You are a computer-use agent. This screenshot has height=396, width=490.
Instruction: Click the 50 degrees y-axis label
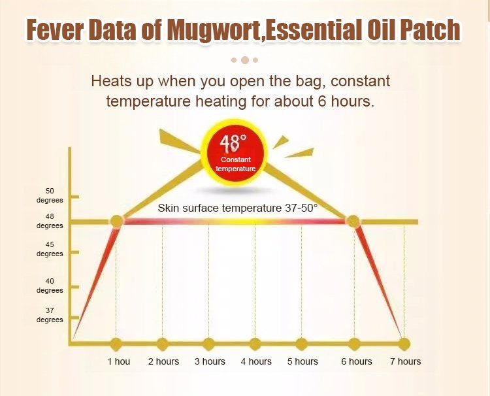click(x=50, y=195)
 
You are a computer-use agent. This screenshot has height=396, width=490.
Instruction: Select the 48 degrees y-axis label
click(x=50, y=221)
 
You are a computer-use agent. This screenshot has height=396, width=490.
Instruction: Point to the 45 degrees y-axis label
click(x=50, y=249)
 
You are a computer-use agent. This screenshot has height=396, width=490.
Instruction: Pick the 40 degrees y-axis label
click(x=50, y=286)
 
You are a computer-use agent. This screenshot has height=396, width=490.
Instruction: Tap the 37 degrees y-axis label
click(x=50, y=315)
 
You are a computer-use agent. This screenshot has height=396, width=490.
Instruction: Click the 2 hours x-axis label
click(x=163, y=361)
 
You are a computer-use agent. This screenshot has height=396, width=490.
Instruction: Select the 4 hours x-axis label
click(x=256, y=361)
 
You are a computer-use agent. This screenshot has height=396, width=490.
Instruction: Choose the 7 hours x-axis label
click(x=405, y=361)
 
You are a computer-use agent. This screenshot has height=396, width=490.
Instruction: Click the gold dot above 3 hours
click(x=209, y=344)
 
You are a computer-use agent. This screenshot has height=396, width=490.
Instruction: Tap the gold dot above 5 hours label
click(x=302, y=344)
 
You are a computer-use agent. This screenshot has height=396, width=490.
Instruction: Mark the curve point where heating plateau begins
click(x=117, y=222)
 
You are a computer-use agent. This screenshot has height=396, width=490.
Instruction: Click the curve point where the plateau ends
click(x=353, y=222)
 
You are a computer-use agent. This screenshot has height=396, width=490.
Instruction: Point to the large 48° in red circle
click(x=233, y=144)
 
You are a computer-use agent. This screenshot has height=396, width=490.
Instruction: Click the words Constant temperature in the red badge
click(x=236, y=164)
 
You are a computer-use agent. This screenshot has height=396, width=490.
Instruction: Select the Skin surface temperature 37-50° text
click(x=238, y=208)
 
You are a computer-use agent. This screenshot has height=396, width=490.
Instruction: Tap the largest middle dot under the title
click(x=245, y=60)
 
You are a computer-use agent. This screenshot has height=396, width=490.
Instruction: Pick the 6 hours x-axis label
click(x=357, y=361)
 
